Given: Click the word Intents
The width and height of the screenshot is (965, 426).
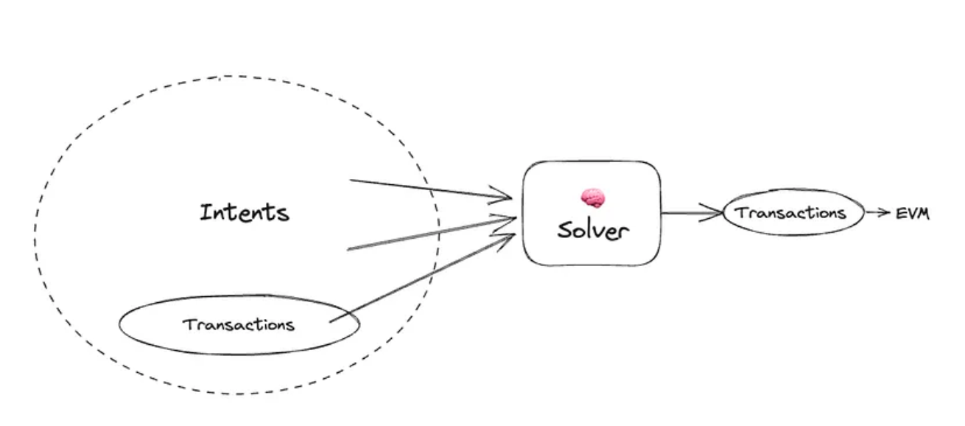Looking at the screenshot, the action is pyautogui.click(x=245, y=212).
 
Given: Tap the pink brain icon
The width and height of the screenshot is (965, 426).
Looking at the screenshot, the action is pyautogui.click(x=593, y=198).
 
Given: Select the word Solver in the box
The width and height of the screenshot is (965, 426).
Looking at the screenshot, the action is pyautogui.click(x=593, y=230).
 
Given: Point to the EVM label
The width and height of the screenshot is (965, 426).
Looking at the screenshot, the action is pyautogui.click(x=913, y=214).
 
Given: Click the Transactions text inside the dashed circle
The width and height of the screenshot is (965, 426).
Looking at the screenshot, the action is pyautogui.click(x=239, y=325).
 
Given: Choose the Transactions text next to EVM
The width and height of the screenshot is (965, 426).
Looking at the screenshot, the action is pyautogui.click(x=790, y=212).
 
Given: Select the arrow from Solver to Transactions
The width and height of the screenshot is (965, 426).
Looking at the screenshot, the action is pyautogui.click(x=692, y=212).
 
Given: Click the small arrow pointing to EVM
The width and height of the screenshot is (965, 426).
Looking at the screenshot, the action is pyautogui.click(x=878, y=212).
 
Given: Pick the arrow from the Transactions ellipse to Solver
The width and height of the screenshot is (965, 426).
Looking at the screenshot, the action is pyautogui.click(x=422, y=278).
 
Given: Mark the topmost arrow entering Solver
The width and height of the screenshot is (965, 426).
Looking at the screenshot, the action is pyautogui.click(x=431, y=189).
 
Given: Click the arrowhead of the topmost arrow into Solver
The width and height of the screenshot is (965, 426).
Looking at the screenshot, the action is pyautogui.click(x=501, y=195).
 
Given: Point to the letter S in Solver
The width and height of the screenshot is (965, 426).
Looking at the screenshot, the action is pyautogui.click(x=565, y=230).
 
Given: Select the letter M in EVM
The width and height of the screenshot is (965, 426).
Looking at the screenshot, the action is pyautogui.click(x=923, y=214).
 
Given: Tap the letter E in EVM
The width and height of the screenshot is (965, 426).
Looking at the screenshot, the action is pyautogui.click(x=900, y=214).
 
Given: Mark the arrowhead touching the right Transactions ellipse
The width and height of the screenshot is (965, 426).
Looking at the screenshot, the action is pyautogui.click(x=712, y=212).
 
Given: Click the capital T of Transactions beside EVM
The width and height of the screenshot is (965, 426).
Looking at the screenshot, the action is pyautogui.click(x=740, y=212).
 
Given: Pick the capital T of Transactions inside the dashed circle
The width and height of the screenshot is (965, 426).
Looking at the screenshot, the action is pyautogui.click(x=189, y=324).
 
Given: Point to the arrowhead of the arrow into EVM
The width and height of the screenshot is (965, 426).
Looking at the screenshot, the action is pyautogui.click(x=885, y=212).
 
